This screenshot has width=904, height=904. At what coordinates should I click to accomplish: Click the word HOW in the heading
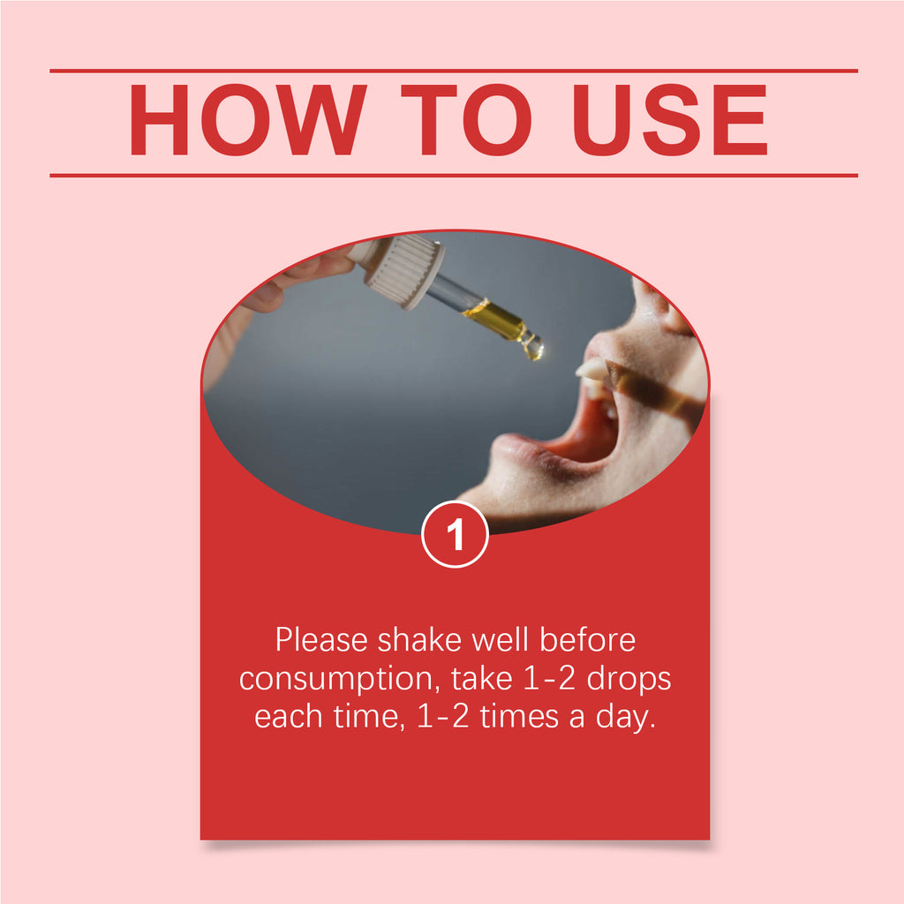[x=247, y=120]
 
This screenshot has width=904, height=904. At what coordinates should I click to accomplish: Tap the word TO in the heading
[x=466, y=120]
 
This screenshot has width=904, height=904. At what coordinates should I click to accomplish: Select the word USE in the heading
[x=670, y=120]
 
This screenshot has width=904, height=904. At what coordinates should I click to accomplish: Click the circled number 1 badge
[x=455, y=534]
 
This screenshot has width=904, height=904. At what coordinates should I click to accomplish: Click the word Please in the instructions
[x=321, y=640]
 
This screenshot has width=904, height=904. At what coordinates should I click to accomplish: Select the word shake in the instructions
[x=419, y=640]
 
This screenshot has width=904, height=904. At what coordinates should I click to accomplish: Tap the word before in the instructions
[x=587, y=640]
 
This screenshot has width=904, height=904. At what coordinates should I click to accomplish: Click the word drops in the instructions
[x=629, y=679]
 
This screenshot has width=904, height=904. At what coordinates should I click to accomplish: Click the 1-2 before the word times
[x=442, y=717]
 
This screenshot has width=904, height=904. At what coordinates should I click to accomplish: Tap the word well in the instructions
[x=500, y=640]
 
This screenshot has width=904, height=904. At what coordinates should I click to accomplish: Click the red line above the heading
[x=454, y=71]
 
